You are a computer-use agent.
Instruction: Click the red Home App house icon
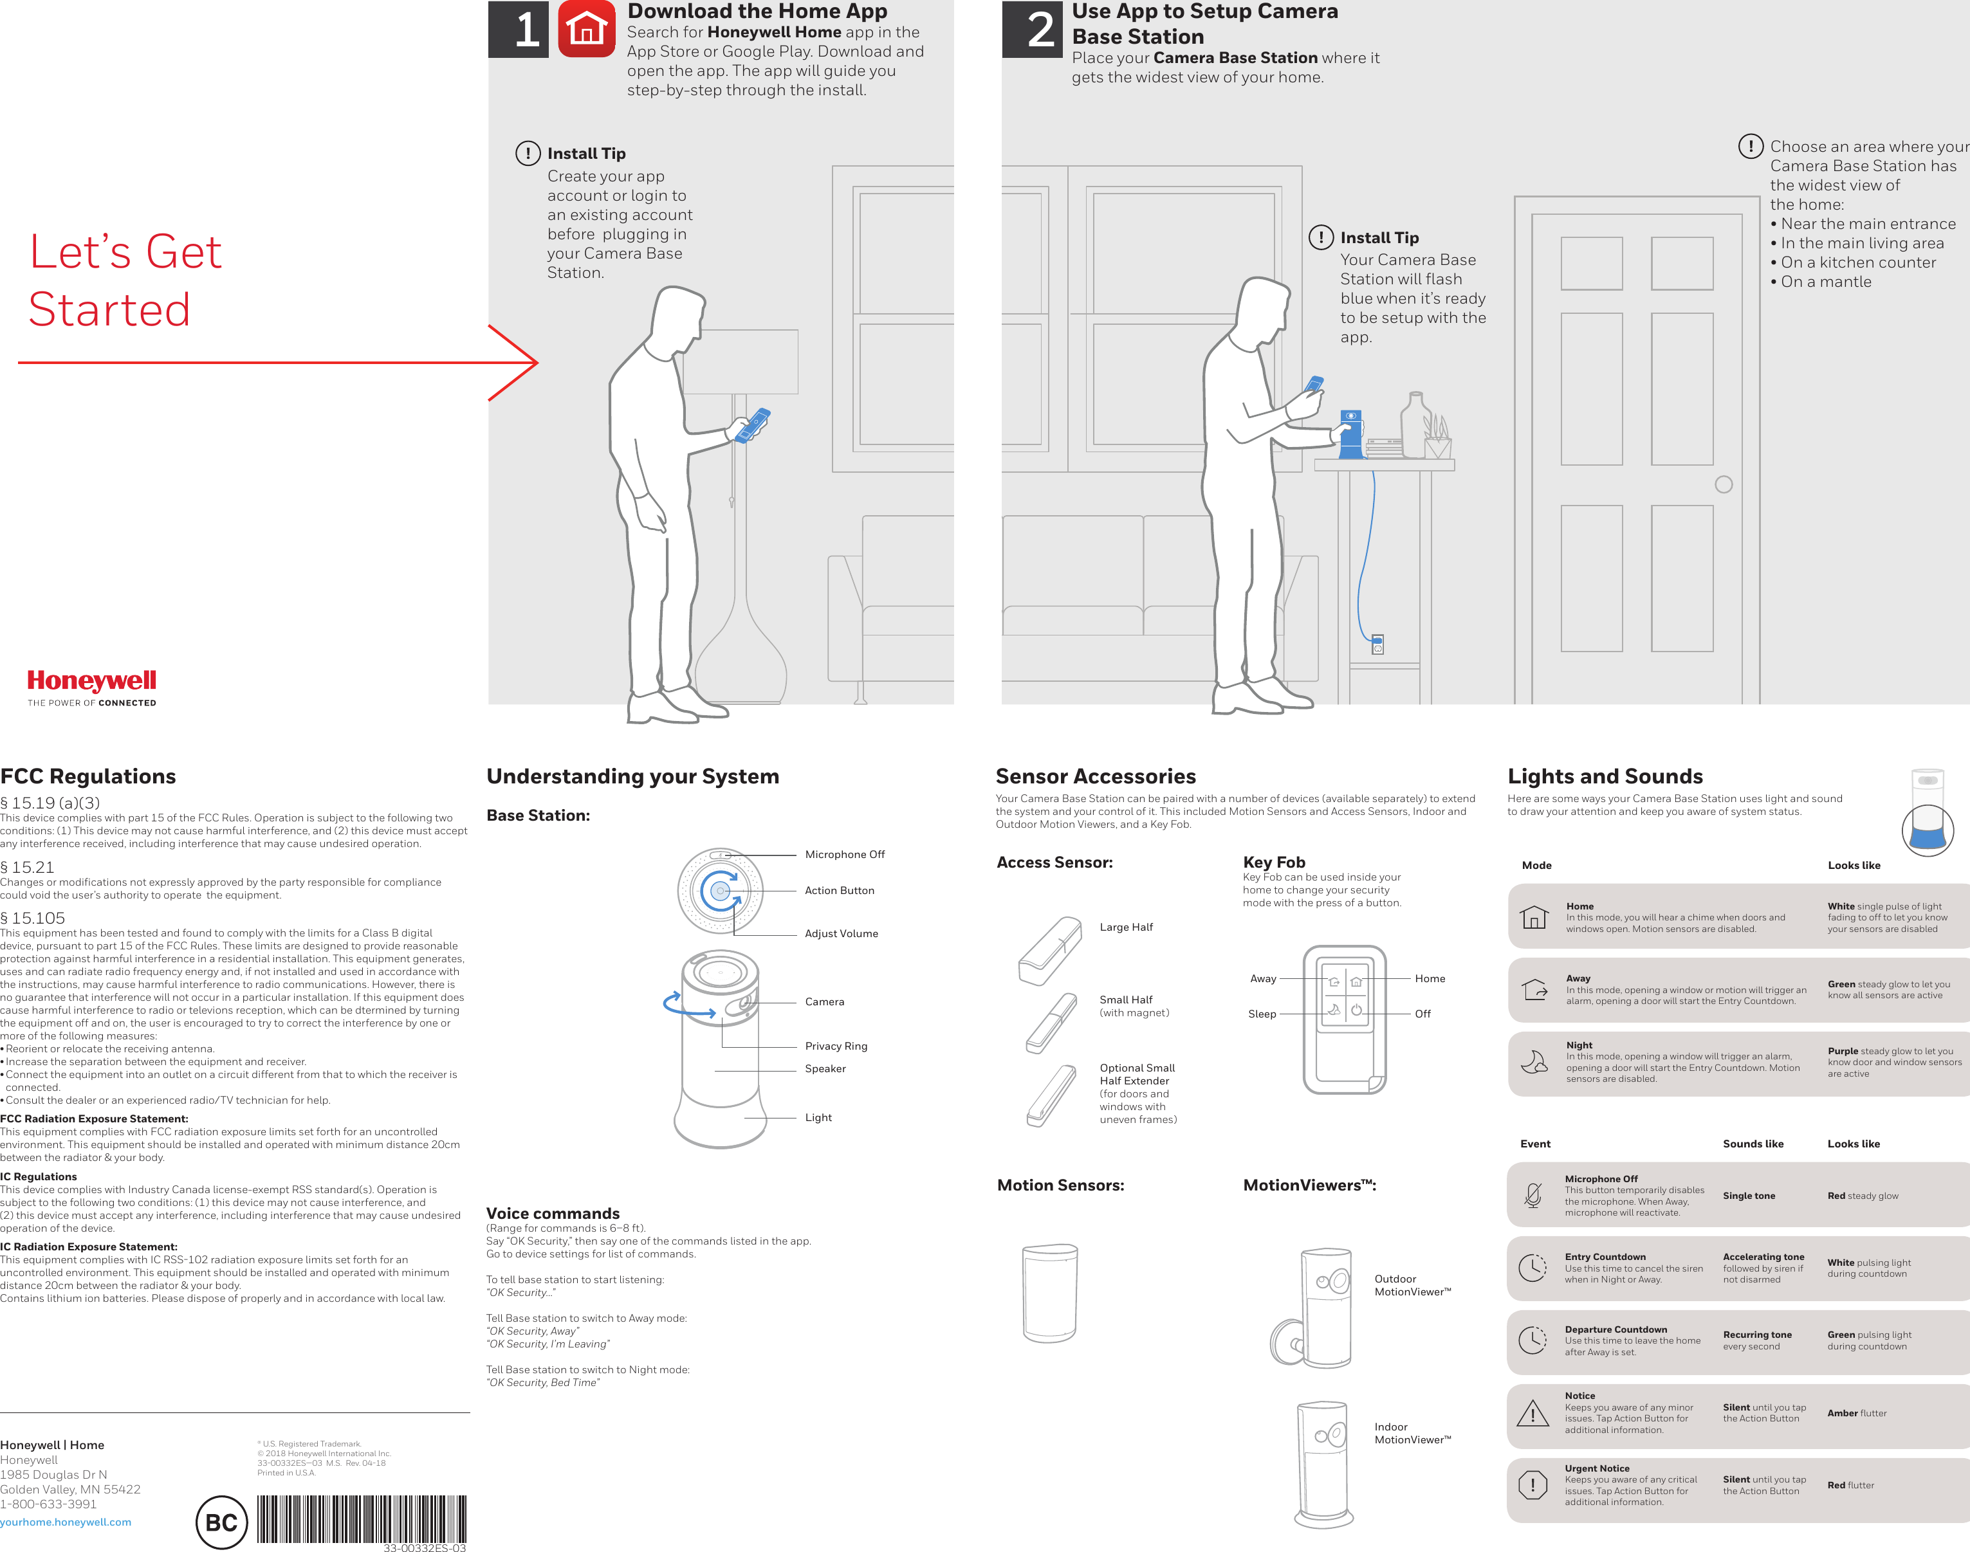coord(586,28)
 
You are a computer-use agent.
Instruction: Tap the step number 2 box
coord(1032,29)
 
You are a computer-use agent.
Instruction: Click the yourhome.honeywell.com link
coord(66,1522)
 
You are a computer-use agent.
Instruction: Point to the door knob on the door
coord(1723,484)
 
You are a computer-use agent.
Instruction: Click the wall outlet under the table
coord(1377,644)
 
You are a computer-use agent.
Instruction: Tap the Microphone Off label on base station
coord(844,854)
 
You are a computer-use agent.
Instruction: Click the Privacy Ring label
coord(836,1046)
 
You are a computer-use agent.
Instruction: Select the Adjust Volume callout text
coord(840,933)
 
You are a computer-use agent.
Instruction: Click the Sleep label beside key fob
coord(1261,1014)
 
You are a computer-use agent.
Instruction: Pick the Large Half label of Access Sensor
coord(1126,927)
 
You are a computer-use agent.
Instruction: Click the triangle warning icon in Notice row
coord(1533,1413)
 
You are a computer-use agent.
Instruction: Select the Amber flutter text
coord(1856,1413)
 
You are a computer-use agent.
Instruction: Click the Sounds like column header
coord(1753,1144)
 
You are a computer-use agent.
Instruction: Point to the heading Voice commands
coord(553,1213)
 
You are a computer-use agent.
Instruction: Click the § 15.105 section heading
coord(33,918)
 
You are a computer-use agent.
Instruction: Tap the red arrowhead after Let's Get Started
coord(522,363)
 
